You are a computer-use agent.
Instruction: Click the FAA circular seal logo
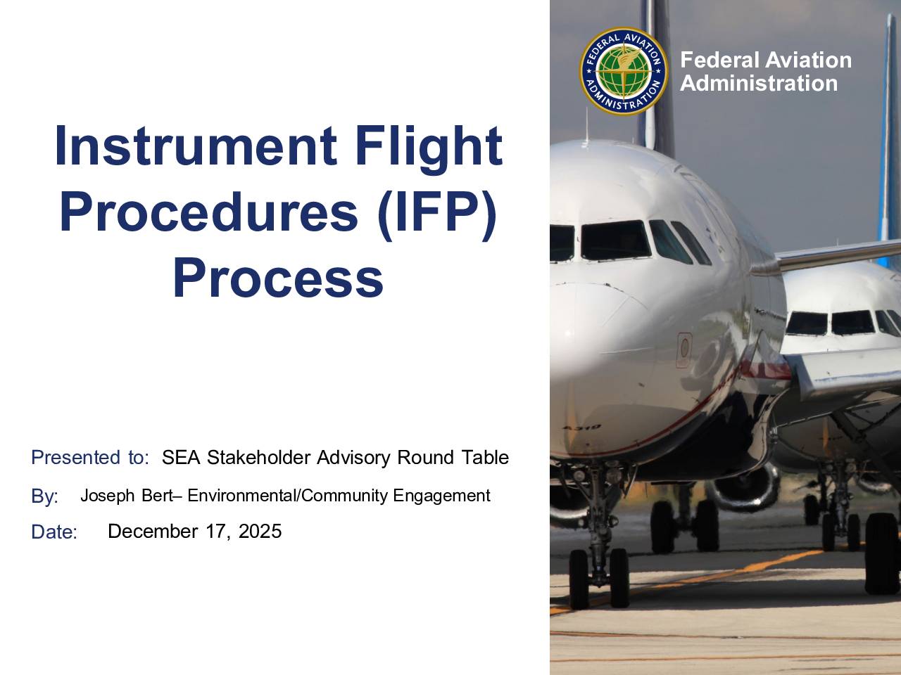pos(624,71)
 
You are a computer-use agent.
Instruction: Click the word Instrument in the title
pos(196,146)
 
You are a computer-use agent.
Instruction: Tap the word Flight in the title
pos(429,150)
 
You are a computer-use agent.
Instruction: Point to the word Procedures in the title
pos(209,212)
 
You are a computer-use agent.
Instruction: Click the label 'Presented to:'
pos(90,457)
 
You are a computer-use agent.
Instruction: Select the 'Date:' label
pos(54,532)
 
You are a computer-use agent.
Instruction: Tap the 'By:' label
pos(45,496)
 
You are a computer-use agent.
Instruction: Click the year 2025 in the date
pos(260,531)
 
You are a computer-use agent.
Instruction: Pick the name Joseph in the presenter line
pos(108,496)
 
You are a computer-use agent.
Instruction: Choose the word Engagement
pos(441,496)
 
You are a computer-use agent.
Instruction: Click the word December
pos(153,531)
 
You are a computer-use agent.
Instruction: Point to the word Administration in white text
pos(759,83)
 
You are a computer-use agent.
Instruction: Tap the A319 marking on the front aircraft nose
pos(582,427)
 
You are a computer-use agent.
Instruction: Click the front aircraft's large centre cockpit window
pos(615,240)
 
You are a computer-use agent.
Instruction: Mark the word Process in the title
pos(278,278)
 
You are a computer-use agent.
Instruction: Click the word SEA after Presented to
pos(181,457)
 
